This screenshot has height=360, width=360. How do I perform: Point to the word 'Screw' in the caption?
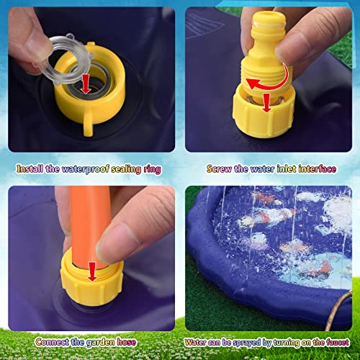(220, 170)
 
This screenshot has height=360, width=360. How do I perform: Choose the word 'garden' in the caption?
(102, 343)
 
